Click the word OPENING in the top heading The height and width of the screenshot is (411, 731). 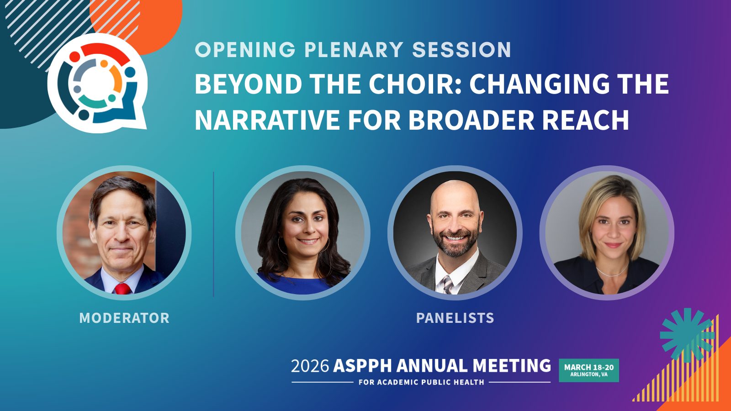coord(245,50)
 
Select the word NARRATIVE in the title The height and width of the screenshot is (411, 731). coord(267,120)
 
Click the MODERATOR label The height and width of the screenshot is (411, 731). coord(124,318)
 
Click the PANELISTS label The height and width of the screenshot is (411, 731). coord(455,318)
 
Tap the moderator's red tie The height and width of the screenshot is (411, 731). coord(123,289)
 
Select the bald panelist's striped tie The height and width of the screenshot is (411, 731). coord(447,285)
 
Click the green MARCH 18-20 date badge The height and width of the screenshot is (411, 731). coord(589,370)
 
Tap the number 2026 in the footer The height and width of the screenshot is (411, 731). coord(310,366)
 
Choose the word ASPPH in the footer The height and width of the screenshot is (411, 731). coord(362,366)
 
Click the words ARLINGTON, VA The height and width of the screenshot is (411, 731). coord(589,374)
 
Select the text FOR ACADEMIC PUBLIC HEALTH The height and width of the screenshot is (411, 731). coord(421,382)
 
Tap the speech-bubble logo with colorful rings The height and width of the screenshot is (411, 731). coord(97,84)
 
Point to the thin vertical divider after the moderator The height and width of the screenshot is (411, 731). coord(213,234)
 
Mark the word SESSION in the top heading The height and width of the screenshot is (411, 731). coord(461,50)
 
